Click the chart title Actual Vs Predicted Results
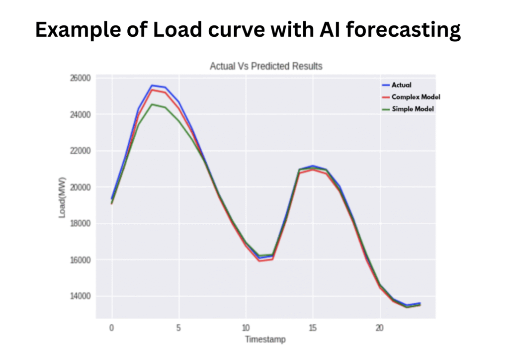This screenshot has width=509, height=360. pos(266,66)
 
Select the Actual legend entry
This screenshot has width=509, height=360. pos(401,85)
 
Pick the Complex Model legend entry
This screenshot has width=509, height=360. pos(416,97)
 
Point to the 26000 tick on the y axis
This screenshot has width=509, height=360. pos(80,78)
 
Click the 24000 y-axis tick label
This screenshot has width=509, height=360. pos(80,114)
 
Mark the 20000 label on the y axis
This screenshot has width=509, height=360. pos(80,187)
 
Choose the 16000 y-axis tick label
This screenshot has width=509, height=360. pos(80,260)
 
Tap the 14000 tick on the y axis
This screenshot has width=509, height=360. pos(80,296)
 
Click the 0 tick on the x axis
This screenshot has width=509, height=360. pos(111,328)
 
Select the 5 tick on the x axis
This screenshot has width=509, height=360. pos(178,328)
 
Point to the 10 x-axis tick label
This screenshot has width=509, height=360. pos(246,328)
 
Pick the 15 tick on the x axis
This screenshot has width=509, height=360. pos(313,328)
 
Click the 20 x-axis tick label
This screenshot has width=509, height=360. pos(380,328)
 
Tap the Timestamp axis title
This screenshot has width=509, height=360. pos(265,340)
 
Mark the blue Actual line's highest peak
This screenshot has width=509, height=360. pos(152,86)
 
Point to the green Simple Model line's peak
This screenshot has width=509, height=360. pos(152,104)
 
